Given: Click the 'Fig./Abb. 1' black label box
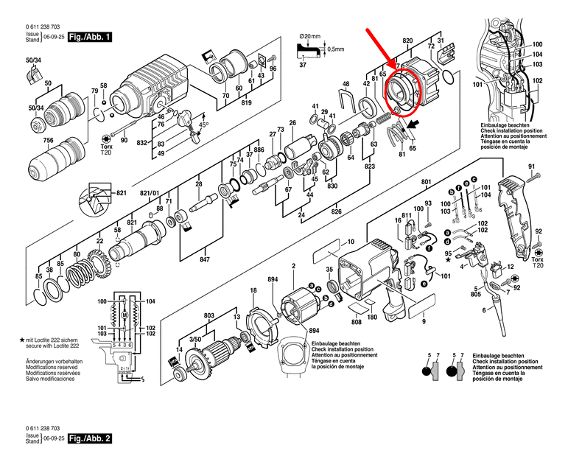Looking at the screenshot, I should tap(89, 35).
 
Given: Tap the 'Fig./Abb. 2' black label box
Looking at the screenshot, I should tap(89, 438).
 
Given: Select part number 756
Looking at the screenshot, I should tap(48, 141).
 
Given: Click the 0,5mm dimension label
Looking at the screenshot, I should tap(335, 49).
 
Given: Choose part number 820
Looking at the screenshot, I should tap(407, 41).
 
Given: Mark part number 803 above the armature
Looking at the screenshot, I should tap(209, 315).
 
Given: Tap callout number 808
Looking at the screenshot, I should tap(356, 321).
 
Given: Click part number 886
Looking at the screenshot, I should tap(259, 150).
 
